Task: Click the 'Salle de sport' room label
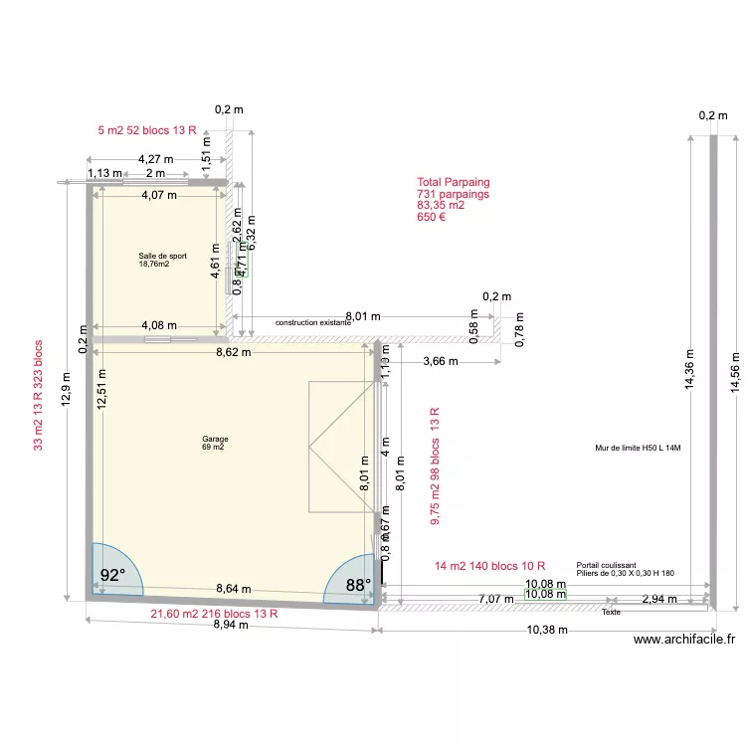tap(162, 256)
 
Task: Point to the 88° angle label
tap(356, 586)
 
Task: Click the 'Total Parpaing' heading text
tap(454, 183)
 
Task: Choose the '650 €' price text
tap(431, 217)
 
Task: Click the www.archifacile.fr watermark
tap(683, 642)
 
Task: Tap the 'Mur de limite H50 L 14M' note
tap(637, 449)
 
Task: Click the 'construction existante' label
tap(313, 323)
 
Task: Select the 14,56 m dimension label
tap(734, 373)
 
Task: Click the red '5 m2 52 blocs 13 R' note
tap(146, 131)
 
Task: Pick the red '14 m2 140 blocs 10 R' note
tap(489, 566)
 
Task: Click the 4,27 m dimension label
tap(155, 159)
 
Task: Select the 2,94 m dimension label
tap(658, 599)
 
